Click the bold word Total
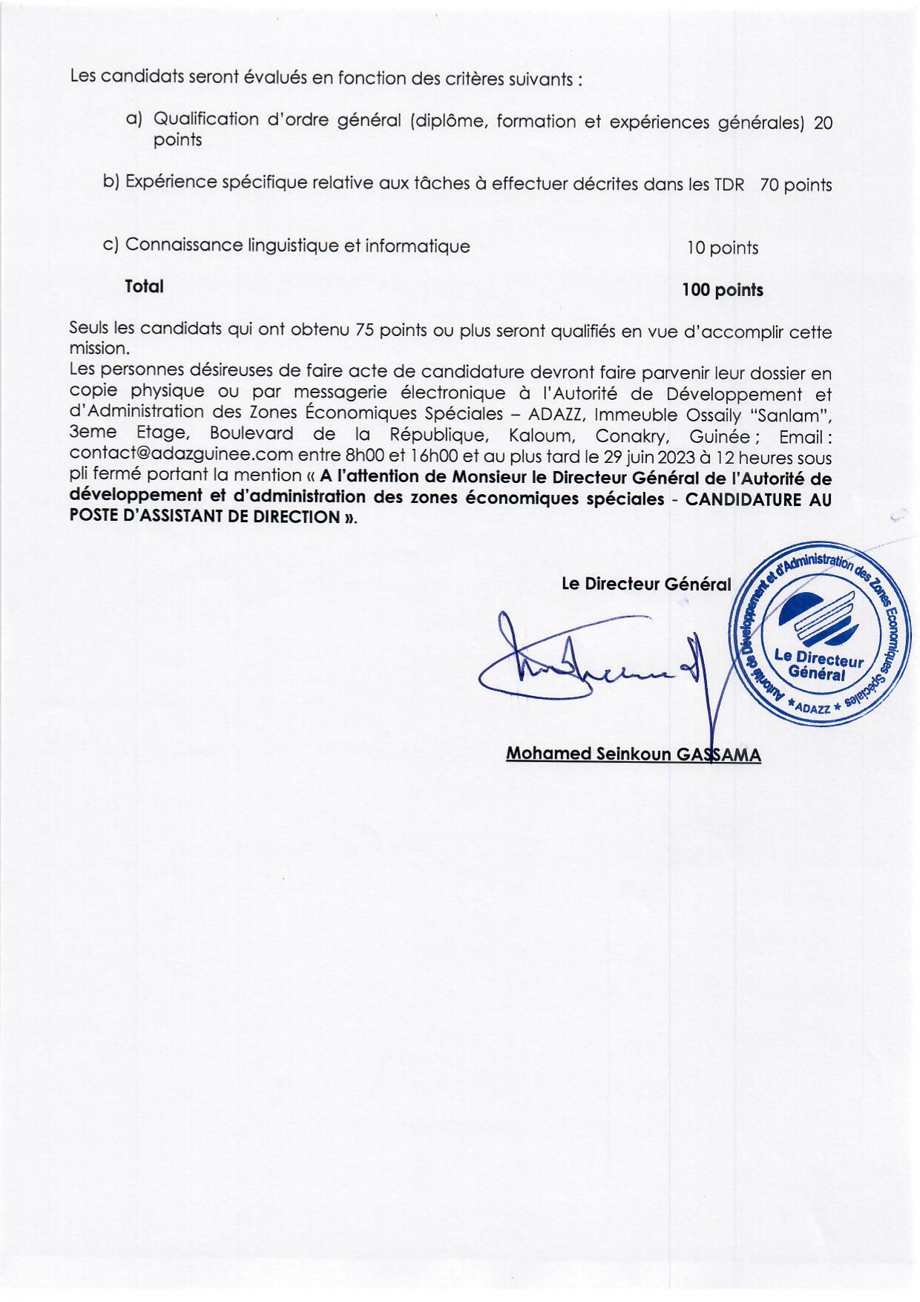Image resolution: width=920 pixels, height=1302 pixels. coord(144,286)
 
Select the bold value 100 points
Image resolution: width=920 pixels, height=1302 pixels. coord(722,290)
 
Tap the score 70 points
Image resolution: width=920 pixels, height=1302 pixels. coord(795,185)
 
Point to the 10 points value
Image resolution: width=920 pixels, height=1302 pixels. coord(722,248)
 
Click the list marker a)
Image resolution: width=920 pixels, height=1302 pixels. coord(134,119)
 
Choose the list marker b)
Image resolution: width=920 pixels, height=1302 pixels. coord(111,181)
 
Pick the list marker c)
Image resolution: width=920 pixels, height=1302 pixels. coord(111,244)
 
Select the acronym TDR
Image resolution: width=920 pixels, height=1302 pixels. coord(729,185)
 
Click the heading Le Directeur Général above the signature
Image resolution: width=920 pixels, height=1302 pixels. coord(646,584)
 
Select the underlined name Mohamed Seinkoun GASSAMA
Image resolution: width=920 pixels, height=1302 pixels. coord(633,754)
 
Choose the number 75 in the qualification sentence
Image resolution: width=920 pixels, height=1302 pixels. coord(364,330)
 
